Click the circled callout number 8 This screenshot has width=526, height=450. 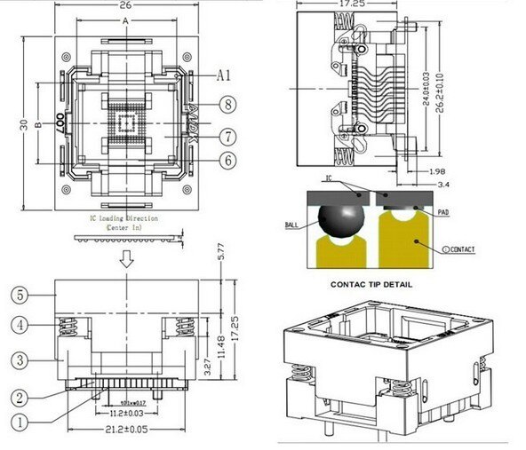pyautogui.click(x=228, y=105)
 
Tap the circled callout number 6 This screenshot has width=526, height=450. pyautogui.click(x=228, y=160)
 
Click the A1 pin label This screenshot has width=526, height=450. pyautogui.click(x=225, y=75)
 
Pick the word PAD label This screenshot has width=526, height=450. pyautogui.click(x=448, y=212)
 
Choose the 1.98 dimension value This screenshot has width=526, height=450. pyautogui.click(x=437, y=170)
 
